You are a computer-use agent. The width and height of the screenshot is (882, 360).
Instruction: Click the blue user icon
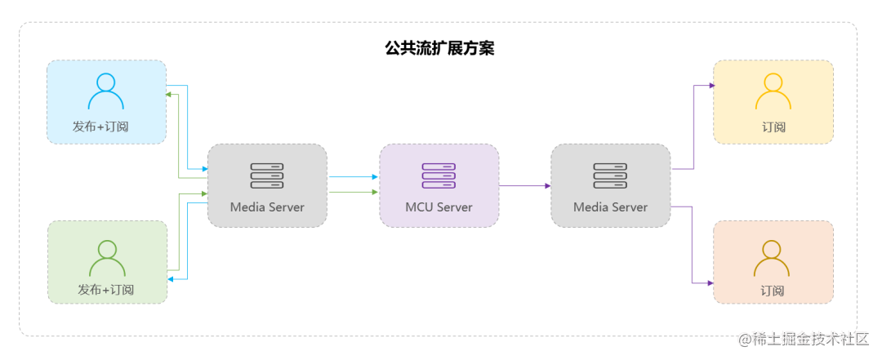click(x=106, y=91)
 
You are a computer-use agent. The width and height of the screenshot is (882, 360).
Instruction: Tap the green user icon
click(x=107, y=258)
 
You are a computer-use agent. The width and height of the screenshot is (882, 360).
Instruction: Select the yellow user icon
click(x=773, y=91)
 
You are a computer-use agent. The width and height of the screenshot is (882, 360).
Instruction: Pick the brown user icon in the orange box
click(x=772, y=258)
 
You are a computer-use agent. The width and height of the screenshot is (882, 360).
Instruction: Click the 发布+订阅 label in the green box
click(x=106, y=290)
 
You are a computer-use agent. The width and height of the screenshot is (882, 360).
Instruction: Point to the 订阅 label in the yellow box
click(x=773, y=127)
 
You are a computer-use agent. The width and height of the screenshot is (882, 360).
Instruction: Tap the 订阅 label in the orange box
click(x=772, y=291)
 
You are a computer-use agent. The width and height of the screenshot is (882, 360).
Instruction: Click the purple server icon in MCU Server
click(x=439, y=176)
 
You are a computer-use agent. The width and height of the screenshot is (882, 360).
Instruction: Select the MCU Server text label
click(x=439, y=207)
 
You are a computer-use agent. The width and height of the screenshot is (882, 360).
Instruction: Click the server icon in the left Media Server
click(x=267, y=176)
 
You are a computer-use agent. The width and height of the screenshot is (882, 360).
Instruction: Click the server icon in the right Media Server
click(x=610, y=176)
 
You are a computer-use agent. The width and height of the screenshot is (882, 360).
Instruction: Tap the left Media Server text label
click(x=267, y=207)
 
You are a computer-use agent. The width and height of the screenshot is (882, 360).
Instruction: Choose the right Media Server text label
click(x=610, y=207)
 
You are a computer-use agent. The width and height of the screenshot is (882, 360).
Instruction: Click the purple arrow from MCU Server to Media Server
click(x=524, y=186)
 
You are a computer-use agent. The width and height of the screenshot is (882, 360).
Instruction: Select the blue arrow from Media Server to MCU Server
click(x=353, y=176)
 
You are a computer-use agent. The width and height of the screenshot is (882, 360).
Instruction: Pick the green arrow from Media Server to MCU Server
click(x=353, y=193)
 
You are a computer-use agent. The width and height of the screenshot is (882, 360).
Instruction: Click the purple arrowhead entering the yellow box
click(x=709, y=84)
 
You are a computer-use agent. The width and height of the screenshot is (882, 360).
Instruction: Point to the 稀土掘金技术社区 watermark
click(x=804, y=339)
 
